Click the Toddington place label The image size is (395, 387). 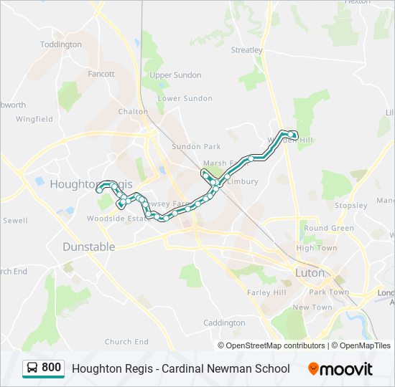pos(61,44)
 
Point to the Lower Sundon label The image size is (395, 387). pos(185,98)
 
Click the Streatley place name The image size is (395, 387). pos(247,50)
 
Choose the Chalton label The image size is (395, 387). pos(133,112)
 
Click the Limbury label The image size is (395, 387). pos(242,181)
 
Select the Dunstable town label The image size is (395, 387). pos(88,247)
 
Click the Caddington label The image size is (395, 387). pos(224,323)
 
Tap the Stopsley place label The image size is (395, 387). pos(350,206)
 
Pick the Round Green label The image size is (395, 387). pos(329,229)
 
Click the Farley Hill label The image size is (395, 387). pos(266,292)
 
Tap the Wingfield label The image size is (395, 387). pos(34,119)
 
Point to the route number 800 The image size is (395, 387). pos(51,368)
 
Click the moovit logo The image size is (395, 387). pos(340,368)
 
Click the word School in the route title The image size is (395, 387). pos(272,368)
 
